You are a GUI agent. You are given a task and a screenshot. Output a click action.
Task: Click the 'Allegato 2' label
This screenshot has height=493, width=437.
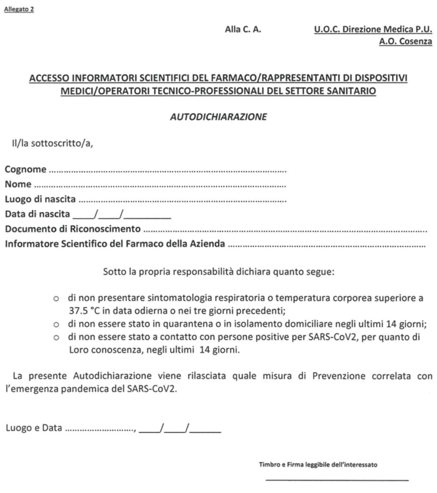click(x=19, y=9)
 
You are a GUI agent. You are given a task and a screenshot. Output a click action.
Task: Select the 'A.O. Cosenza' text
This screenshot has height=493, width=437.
click(x=405, y=42)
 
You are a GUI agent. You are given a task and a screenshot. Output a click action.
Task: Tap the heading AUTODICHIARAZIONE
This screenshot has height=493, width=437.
click(x=218, y=117)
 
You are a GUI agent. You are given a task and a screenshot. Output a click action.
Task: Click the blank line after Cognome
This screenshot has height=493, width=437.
click(x=168, y=171)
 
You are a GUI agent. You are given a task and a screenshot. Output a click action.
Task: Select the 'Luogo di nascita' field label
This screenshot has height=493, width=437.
click(x=40, y=199)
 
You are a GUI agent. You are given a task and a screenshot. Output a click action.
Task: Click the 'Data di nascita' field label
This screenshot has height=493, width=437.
click(x=38, y=214)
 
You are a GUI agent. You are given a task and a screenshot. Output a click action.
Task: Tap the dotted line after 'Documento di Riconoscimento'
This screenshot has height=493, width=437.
click(x=285, y=231)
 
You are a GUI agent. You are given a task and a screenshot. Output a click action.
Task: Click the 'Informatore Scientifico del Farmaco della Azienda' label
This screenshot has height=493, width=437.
click(x=115, y=244)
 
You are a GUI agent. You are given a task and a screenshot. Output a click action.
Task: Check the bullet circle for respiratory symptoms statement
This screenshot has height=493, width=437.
click(x=57, y=298)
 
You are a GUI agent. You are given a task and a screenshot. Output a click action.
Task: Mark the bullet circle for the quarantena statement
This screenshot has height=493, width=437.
click(x=57, y=324)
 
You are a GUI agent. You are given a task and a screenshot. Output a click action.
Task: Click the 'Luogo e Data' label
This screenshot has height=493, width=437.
click(x=34, y=428)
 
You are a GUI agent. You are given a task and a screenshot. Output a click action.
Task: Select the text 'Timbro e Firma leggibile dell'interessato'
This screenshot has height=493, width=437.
click(x=318, y=465)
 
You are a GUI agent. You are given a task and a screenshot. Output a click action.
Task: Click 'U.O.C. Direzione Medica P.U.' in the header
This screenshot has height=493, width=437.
click(x=373, y=29)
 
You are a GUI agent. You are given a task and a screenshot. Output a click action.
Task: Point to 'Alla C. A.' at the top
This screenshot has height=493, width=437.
click(x=243, y=29)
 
